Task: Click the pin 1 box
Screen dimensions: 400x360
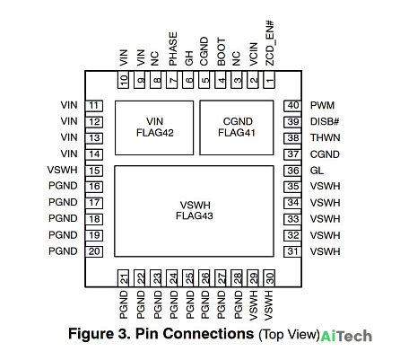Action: (x=269, y=80)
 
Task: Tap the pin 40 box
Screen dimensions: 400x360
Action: (x=292, y=105)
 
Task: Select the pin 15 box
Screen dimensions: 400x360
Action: (x=94, y=171)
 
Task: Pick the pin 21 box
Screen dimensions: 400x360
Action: (x=123, y=278)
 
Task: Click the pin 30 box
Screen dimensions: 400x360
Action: (x=269, y=278)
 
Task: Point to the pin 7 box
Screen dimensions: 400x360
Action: (x=172, y=80)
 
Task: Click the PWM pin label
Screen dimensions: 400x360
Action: (x=322, y=105)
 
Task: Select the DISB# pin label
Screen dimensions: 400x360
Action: (x=325, y=121)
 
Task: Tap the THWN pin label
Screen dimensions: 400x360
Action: (x=326, y=137)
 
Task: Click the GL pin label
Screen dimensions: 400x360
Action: (x=317, y=171)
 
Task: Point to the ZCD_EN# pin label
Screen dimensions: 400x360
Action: (x=270, y=43)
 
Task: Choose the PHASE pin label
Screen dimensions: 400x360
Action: (x=173, y=48)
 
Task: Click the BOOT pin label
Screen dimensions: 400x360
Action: (x=222, y=51)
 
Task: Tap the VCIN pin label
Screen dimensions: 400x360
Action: (x=253, y=54)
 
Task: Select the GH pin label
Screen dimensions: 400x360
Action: (x=189, y=58)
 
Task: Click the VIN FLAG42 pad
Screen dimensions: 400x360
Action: (x=154, y=127)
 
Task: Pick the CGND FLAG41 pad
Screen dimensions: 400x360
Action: (x=237, y=127)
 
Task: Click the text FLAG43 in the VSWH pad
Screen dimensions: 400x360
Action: (x=195, y=215)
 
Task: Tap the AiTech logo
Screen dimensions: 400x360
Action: (x=346, y=336)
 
